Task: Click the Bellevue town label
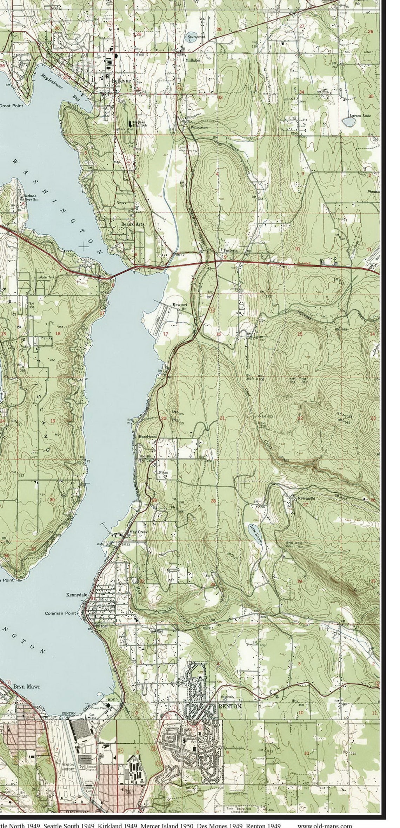tap(121, 81)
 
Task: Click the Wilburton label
tap(199, 127)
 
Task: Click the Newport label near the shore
tap(179, 304)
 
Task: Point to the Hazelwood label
tap(147, 436)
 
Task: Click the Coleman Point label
tap(60, 613)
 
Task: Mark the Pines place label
tap(164, 473)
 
